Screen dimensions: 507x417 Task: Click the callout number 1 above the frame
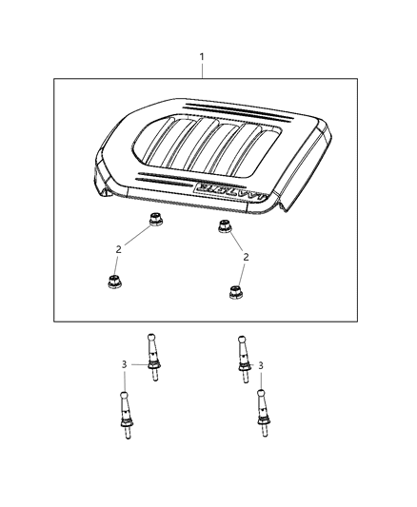point(202,58)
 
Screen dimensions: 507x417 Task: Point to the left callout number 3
point(123,364)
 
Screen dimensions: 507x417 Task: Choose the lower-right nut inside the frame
point(232,291)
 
